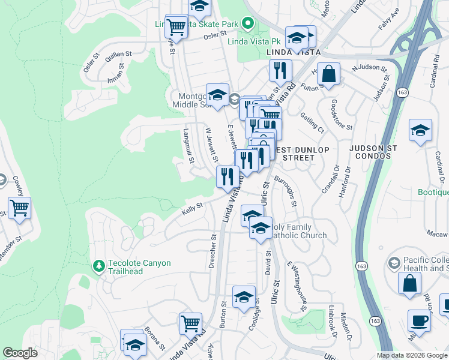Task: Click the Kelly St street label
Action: pyautogui.click(x=192, y=209)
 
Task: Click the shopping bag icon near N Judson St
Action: pyautogui.click(x=328, y=74)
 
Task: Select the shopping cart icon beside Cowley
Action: pyautogui.click(x=20, y=208)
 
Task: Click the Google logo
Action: pyautogui.click(x=20, y=353)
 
